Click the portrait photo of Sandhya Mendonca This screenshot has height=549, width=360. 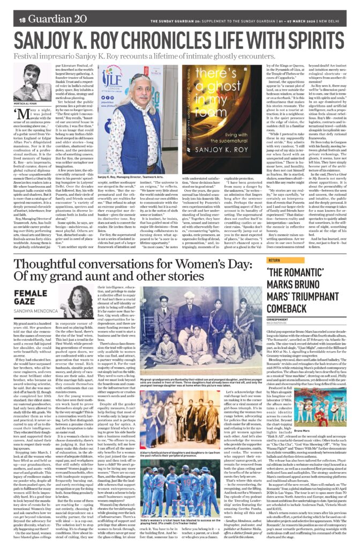pos(82,302)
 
